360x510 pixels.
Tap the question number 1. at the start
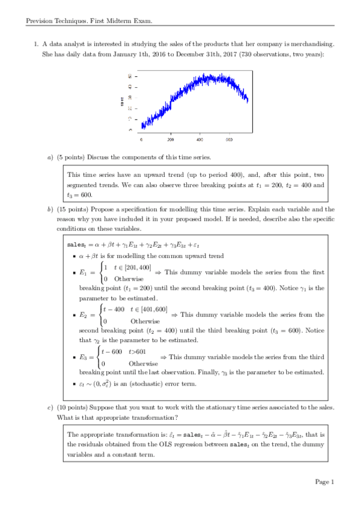36,44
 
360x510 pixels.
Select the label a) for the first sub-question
50,158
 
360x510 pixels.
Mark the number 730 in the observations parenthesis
236,55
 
